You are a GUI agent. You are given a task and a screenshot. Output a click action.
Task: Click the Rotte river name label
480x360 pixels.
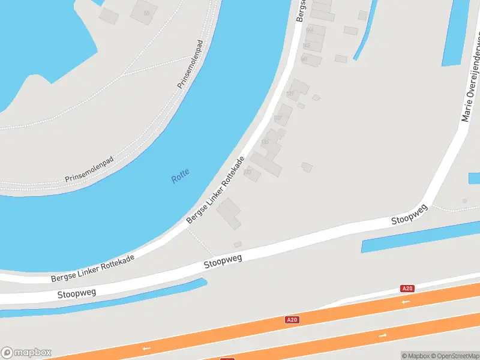pyautogui.click(x=180, y=176)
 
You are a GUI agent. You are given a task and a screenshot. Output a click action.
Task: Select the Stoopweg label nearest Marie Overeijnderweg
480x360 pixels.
pyautogui.click(x=410, y=214)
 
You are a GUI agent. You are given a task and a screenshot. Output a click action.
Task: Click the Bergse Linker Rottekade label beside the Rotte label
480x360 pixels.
pyautogui.click(x=215, y=191)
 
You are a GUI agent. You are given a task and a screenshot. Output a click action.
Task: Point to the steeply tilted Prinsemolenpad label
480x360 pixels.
pyautogui.click(x=191, y=65)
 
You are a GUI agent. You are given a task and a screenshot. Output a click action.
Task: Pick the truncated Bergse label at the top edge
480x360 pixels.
pyautogui.click(x=302, y=10)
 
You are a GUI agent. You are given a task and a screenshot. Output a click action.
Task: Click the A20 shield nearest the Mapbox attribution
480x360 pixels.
pyautogui.click(x=407, y=289)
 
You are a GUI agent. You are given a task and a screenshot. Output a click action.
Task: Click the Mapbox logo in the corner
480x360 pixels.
pyautogui.click(x=26, y=353)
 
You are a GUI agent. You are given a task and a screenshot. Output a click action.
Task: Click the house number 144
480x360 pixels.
pyautogui.click(x=310, y=29)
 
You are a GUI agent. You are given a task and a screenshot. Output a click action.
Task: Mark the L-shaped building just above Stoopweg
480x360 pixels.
pyautogui.click(x=229, y=214)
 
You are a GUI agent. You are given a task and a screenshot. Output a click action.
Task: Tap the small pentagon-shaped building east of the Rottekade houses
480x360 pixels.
pyautogui.click(x=307, y=167)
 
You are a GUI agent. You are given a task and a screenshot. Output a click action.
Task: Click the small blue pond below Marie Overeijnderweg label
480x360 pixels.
pyautogui.click(x=474, y=178)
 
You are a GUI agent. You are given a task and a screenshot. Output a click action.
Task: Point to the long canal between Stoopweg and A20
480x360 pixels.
pyautogui.click(x=420, y=237)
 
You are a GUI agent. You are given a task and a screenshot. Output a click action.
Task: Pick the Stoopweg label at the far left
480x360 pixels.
pyautogui.click(x=77, y=292)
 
